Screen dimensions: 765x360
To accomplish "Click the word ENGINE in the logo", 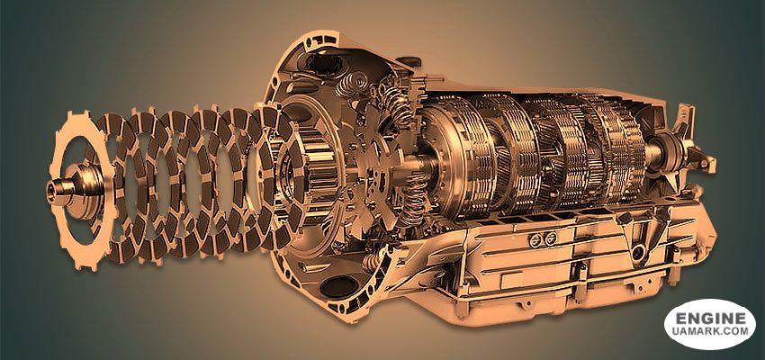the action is (x=710, y=319).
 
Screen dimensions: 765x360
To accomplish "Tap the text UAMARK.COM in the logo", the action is (x=710, y=332).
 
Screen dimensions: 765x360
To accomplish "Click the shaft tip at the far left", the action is (x=54, y=187).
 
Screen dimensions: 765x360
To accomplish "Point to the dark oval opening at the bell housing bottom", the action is (x=339, y=286).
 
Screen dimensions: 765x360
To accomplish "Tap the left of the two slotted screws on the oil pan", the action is (x=535, y=239).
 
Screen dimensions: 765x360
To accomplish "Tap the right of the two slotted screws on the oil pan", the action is (x=550, y=238).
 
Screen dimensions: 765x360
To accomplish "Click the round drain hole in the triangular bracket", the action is (x=637, y=253).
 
